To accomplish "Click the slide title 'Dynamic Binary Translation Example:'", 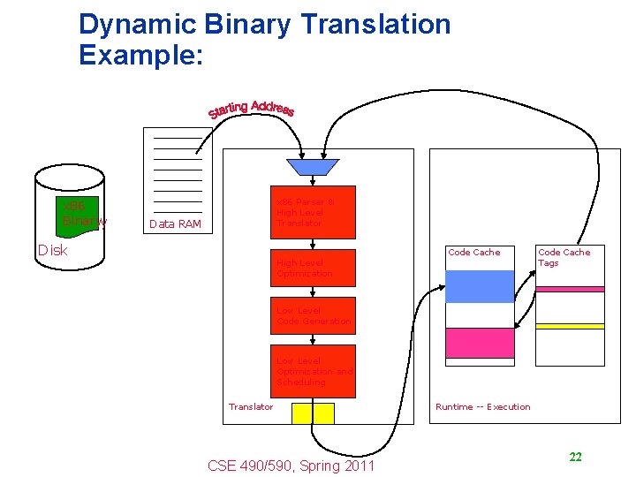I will coord(264,40).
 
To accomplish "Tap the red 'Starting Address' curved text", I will coord(251,110).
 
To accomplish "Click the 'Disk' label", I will coord(52,250).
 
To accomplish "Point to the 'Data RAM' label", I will coord(176,224).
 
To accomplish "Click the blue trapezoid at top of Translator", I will coord(313,167).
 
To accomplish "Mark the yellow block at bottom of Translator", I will coord(314,413).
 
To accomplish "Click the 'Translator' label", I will coord(251,407).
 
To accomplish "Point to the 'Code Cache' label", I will coord(474,253).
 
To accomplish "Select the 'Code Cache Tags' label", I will coord(564,257).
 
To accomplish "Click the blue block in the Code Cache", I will coord(480,286).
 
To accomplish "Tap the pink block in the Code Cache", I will coord(480,343).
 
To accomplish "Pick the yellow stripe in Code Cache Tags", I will coord(571,326).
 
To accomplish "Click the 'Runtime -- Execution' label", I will coord(483,407).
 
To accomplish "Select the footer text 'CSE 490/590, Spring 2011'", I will coord(291,466).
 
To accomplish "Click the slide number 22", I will coord(575,458).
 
